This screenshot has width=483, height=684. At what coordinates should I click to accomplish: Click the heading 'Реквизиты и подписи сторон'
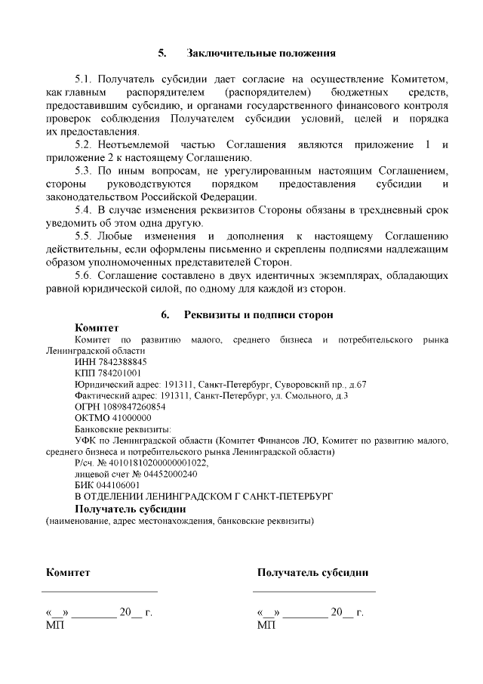point(258,314)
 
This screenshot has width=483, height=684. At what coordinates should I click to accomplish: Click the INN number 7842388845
point(121,362)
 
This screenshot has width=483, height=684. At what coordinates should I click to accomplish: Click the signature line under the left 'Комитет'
point(99,591)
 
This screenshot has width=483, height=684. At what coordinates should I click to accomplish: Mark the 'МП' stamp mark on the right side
point(266,625)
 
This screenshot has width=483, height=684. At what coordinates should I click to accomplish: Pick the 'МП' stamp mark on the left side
point(55,625)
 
